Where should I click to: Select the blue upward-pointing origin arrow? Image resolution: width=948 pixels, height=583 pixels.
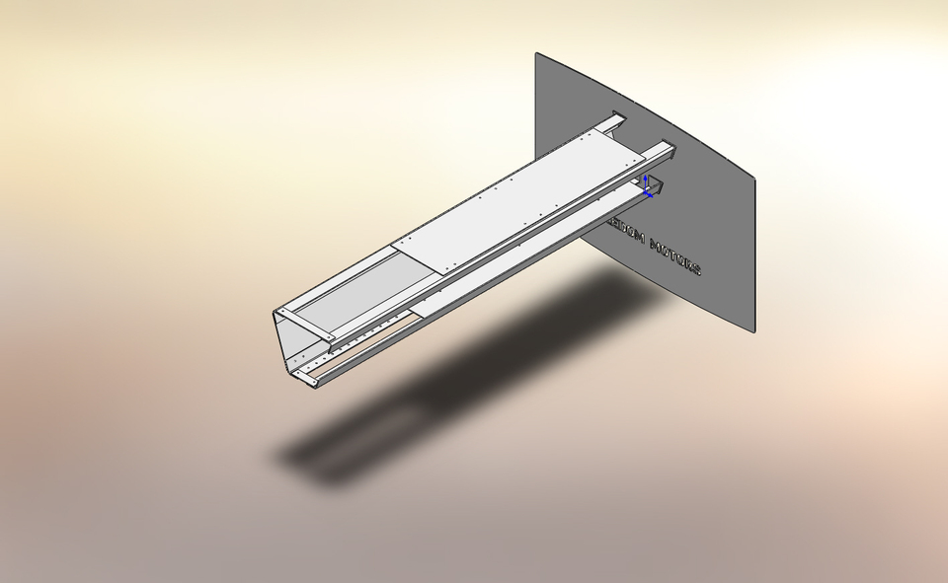tap(645, 181)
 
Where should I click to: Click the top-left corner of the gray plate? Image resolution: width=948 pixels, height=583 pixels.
tap(536, 53)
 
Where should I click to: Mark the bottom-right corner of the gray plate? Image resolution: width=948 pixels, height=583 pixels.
tap(754, 331)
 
